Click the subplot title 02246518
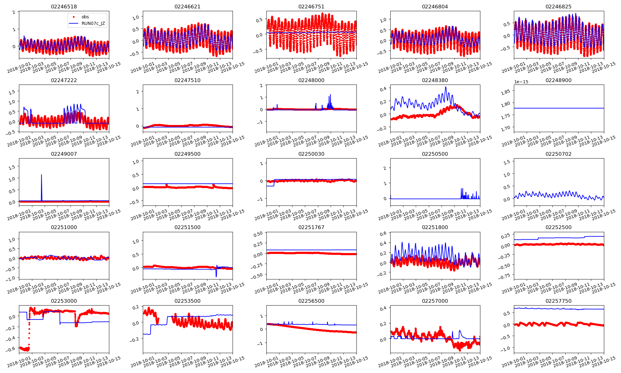coord(64,7)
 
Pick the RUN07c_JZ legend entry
coord(93,23)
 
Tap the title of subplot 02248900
coord(558,80)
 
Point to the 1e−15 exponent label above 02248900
coord(521,82)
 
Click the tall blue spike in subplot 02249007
coord(42,175)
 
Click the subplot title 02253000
coord(64,301)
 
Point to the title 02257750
coord(558,301)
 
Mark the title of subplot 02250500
coord(435,154)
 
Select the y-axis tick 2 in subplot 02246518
coord(14,12)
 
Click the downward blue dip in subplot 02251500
coord(216,276)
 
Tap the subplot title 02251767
coord(311,227)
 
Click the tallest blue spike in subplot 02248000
coord(330,95)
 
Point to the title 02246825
coord(558,7)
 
